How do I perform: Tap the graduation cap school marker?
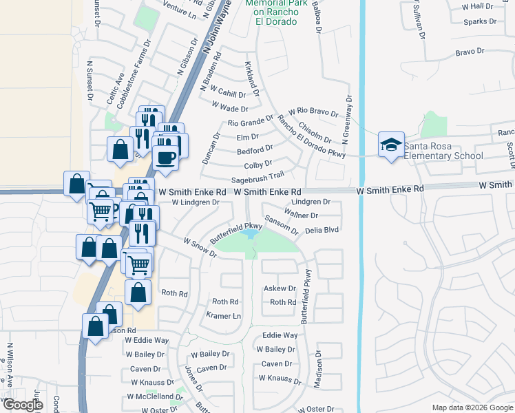(x=390, y=145)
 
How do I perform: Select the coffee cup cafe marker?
(x=166, y=156)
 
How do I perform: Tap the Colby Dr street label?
(x=258, y=165)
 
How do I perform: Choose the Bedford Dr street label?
(x=255, y=150)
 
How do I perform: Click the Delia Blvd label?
(x=322, y=230)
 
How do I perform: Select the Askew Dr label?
(x=280, y=289)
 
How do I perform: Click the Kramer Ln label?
(x=224, y=316)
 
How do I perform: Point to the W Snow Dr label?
(x=200, y=248)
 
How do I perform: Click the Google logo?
(x=23, y=405)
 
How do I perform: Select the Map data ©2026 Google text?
(x=472, y=407)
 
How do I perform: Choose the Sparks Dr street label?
(x=480, y=21)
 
